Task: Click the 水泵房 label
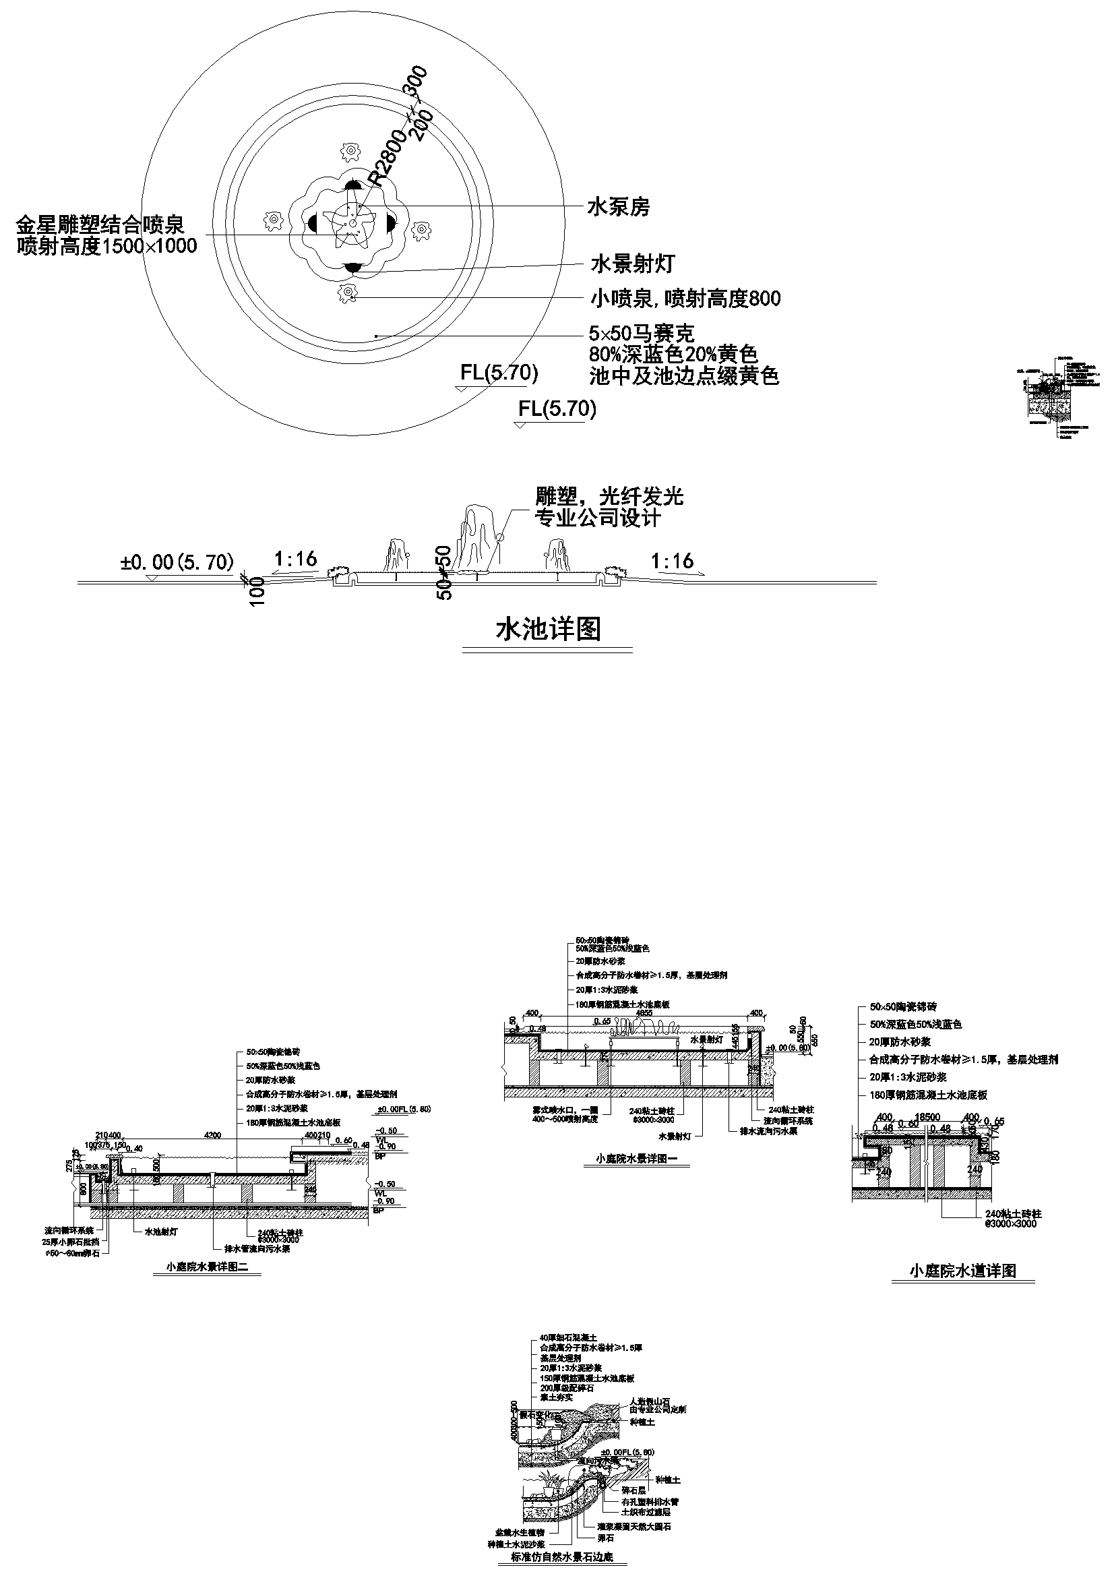coord(618,208)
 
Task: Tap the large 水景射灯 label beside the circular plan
coord(633,264)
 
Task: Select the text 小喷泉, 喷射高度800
coord(685,299)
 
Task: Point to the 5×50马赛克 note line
coord(642,334)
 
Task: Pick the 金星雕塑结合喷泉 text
coord(100,224)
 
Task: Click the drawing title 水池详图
coord(548,629)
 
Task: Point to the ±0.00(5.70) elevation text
coord(177,562)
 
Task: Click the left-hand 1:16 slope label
coord(296,559)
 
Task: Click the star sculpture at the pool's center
coord(353,224)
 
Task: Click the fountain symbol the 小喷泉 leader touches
coord(348,293)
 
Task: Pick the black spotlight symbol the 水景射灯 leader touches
coord(353,268)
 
